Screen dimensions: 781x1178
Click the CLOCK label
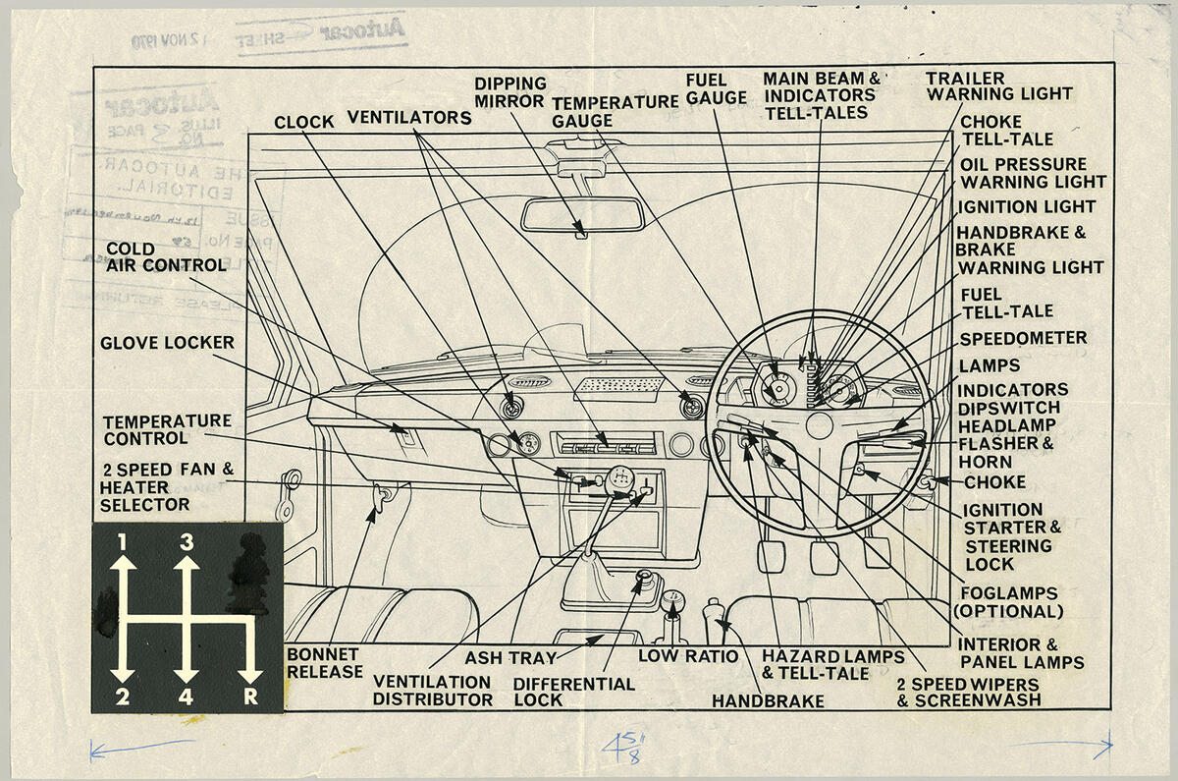(x=304, y=122)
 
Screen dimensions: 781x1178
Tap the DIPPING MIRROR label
(x=509, y=92)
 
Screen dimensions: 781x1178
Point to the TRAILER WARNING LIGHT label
(x=998, y=86)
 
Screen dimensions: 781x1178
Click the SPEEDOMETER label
(x=1022, y=338)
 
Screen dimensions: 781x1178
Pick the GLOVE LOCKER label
(x=167, y=343)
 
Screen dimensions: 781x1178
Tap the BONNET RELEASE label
(x=323, y=663)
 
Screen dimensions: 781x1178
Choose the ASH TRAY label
(x=509, y=657)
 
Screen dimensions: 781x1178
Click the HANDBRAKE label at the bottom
(x=767, y=701)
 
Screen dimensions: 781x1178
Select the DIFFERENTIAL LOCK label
(x=573, y=692)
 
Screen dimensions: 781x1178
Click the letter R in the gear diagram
(x=251, y=697)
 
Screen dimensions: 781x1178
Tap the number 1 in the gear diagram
(x=122, y=541)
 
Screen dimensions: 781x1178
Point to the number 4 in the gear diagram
(x=186, y=697)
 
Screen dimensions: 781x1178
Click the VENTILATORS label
(x=408, y=118)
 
